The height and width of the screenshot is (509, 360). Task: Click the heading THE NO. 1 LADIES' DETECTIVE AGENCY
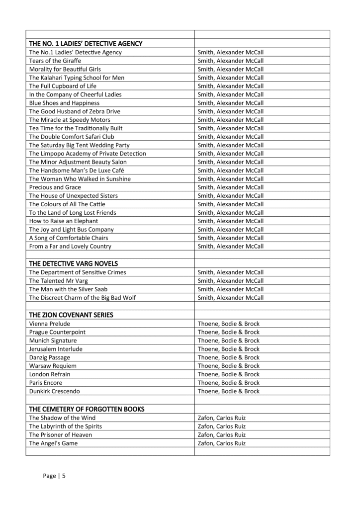coord(86,44)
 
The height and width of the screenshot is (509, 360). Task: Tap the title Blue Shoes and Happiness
coord(64,103)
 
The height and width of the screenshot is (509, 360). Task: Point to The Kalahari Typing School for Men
coord(77,78)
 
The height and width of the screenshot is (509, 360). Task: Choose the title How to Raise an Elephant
coord(64,221)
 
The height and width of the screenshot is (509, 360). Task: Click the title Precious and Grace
coord(55,187)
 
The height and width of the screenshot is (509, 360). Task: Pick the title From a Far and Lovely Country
coord(70,246)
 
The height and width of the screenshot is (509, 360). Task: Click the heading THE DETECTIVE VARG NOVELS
coord(73,263)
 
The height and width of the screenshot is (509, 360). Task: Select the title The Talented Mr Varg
coord(58,281)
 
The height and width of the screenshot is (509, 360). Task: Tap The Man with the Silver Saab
coord(69,289)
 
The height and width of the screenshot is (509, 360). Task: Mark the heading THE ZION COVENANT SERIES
coord(71,315)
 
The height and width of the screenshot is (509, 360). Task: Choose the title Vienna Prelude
coord(50,324)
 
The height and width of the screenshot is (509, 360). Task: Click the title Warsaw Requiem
coord(53,366)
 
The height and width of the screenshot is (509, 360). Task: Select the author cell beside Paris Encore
coord(228,383)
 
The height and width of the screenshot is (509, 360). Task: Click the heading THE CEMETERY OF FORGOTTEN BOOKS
coord(87,409)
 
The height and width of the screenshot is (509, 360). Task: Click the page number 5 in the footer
coord(64,476)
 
